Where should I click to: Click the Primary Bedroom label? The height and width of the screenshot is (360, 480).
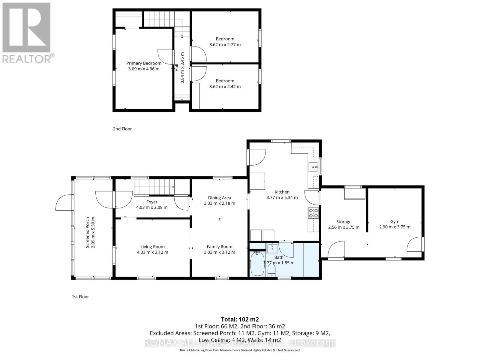[144, 63]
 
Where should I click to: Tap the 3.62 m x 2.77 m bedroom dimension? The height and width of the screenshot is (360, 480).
[225, 44]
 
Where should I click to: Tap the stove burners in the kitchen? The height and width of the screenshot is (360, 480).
[313, 213]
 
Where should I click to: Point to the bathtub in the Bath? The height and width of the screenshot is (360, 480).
[257, 264]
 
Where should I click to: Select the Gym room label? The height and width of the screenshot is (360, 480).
[394, 221]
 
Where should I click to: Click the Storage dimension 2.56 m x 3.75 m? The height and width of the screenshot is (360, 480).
[344, 227]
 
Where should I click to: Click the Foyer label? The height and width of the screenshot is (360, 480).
[152, 202]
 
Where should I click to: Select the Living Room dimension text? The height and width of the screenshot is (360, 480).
[152, 252]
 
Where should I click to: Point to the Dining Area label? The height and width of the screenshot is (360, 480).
[219, 198]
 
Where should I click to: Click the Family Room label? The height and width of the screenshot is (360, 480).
[219, 247]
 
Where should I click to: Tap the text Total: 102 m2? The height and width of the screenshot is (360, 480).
[240, 319]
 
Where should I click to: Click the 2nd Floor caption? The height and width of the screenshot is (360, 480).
[122, 129]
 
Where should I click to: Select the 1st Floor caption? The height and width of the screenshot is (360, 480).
[80, 297]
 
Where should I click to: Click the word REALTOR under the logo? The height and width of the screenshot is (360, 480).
[27, 58]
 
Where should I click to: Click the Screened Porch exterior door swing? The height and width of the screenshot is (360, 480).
[64, 202]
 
